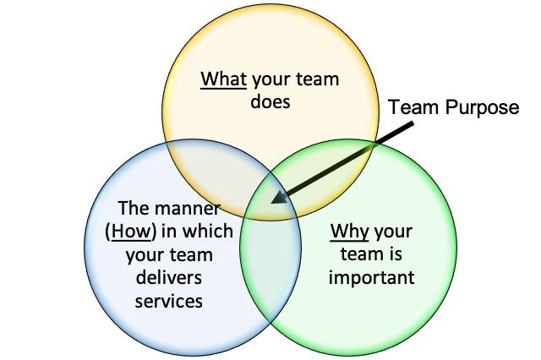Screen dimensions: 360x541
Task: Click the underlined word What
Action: coord(223,80)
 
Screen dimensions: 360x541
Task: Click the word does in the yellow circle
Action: coord(270,103)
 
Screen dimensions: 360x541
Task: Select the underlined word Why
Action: coord(349,231)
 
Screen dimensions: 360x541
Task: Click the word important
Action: coord(372,277)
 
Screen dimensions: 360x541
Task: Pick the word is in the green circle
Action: coord(403,254)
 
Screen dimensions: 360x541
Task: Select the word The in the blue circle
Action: coord(134,209)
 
